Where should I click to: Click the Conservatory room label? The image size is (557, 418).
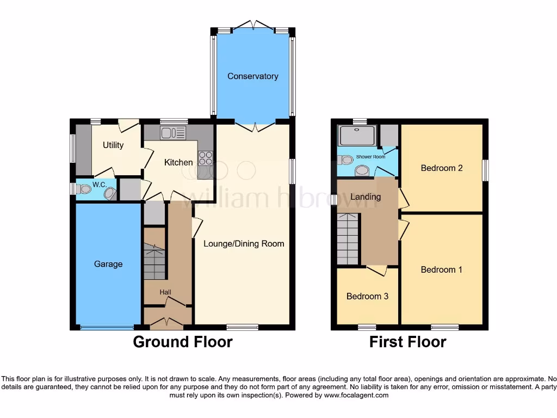252,76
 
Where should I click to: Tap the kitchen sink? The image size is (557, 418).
173,132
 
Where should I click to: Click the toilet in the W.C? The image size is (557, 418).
83,189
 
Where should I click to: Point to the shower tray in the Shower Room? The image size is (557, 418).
356,136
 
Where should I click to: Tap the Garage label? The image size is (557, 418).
108,264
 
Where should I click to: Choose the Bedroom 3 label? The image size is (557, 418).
367,296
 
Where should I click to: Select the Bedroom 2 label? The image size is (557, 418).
442,168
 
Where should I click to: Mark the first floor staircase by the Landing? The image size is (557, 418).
347,238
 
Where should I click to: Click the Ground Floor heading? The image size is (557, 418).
183,342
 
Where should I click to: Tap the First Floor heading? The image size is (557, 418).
407,342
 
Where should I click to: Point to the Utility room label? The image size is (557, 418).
113,145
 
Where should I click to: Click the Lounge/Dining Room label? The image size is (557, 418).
244,243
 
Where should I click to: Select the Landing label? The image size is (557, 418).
366,196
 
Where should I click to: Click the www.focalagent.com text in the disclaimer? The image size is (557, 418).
356,395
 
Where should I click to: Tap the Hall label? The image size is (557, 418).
165,292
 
